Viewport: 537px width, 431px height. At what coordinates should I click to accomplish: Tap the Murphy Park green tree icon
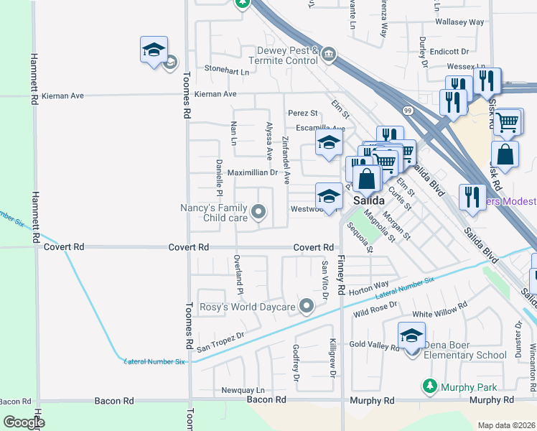[x=429, y=386]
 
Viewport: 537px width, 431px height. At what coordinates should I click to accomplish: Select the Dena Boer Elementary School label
[x=465, y=350]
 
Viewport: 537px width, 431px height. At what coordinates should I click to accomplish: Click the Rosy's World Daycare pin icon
[x=307, y=307]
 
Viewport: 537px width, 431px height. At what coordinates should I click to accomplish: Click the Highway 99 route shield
[x=408, y=111]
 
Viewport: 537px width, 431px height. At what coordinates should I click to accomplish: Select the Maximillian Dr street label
[x=252, y=172]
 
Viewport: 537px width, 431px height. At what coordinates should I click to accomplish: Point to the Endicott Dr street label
[x=449, y=52]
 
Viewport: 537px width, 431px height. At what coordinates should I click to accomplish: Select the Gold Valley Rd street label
[x=375, y=346]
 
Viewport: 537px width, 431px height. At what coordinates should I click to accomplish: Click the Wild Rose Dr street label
[x=375, y=312]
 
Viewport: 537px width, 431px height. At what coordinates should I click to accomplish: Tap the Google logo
[x=24, y=422]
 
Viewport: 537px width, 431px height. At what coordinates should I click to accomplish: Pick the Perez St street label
[x=302, y=113]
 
